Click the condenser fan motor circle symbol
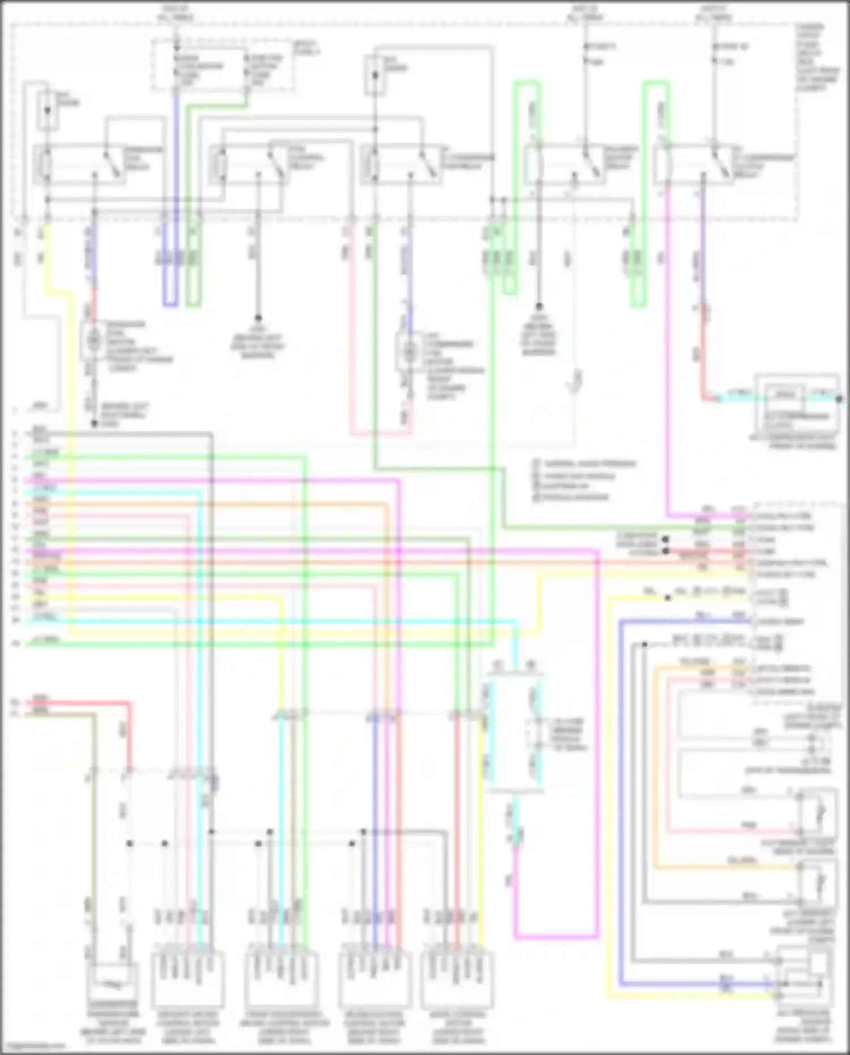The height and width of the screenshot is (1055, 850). coord(92,340)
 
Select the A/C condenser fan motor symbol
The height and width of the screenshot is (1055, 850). coord(409,352)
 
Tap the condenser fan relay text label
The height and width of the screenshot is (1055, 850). coord(136,158)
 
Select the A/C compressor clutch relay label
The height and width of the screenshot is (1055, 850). coord(771,162)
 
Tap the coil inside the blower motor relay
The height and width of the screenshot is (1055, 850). coord(533,165)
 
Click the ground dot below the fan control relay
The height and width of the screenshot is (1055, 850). coord(258,319)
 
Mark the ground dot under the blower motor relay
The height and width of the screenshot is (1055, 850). coord(539,307)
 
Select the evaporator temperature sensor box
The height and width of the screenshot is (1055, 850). coord(112,983)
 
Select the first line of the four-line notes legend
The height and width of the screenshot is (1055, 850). coord(584,464)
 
